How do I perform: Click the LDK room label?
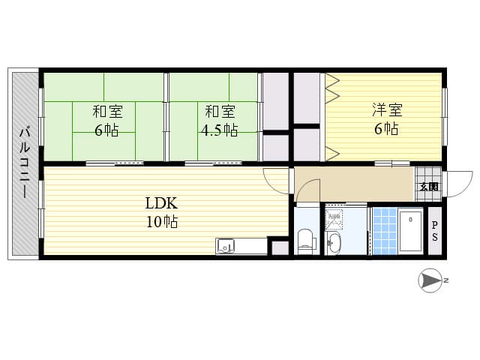click(x=161, y=203)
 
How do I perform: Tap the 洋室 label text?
click(x=387, y=110)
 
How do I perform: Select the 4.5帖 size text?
click(x=219, y=130)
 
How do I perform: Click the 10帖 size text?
click(x=162, y=222)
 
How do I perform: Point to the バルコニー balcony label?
click(x=25, y=163)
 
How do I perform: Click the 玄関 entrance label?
click(x=429, y=187)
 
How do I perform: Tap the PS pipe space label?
click(x=435, y=231)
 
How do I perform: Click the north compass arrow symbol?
click(x=430, y=280)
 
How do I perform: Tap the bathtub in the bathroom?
click(x=410, y=231)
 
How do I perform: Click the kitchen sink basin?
click(x=225, y=246)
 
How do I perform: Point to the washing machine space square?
click(x=334, y=218)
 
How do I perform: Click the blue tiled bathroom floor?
click(x=385, y=231)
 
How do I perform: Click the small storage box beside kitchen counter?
click(x=280, y=247)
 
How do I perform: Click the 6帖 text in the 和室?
click(x=106, y=130)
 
